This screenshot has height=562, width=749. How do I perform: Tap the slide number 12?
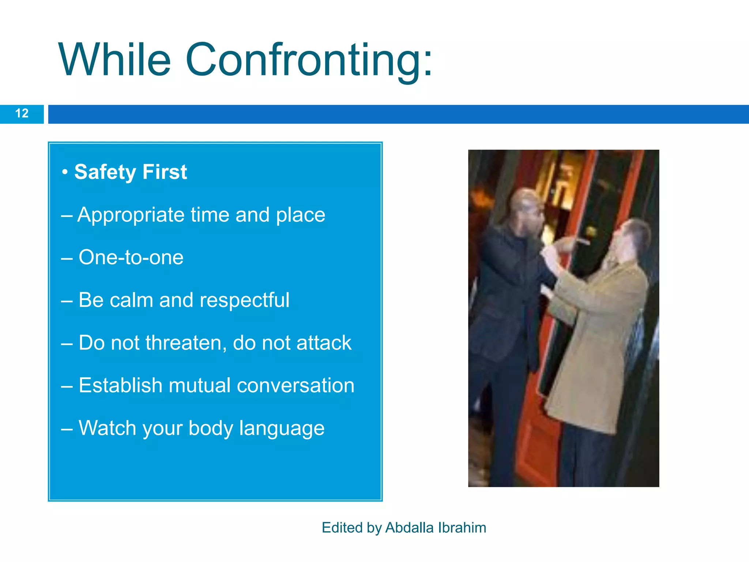tap(22, 113)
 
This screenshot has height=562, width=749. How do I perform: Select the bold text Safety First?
tap(131, 172)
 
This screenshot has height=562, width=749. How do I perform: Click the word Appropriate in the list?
tap(131, 215)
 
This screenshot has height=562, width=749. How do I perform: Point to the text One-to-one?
tap(131, 257)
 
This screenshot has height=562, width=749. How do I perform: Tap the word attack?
tap(324, 343)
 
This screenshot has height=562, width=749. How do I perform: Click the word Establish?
tap(120, 386)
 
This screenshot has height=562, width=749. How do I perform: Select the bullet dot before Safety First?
tap(65, 172)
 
